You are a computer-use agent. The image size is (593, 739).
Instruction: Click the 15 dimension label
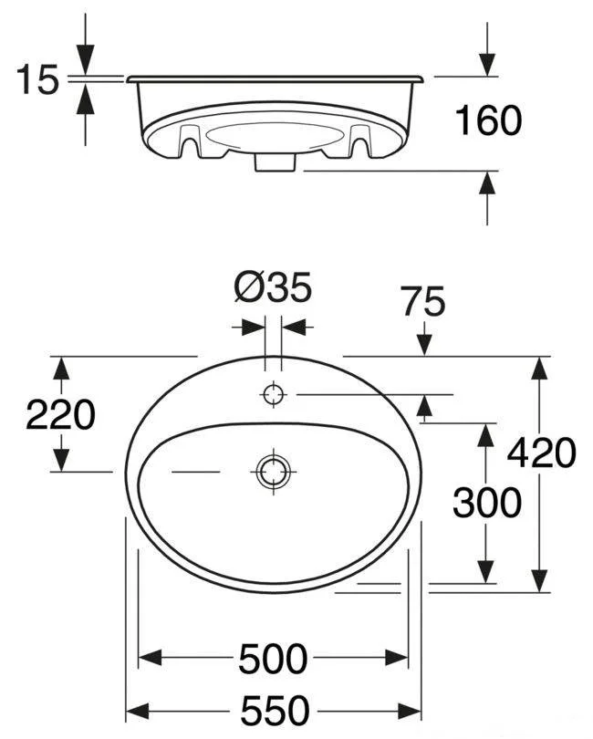[37, 79]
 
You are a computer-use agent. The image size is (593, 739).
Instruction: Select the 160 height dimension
[488, 120]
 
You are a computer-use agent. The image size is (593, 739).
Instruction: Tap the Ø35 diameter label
[273, 287]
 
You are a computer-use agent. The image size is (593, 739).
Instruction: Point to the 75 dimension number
[423, 301]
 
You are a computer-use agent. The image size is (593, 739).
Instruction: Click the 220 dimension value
[60, 415]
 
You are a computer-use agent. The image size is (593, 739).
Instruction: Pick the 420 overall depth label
[541, 453]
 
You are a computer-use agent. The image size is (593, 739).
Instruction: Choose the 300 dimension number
[487, 503]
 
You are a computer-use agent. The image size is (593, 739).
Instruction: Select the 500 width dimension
[273, 659]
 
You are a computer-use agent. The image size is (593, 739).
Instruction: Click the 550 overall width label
[275, 711]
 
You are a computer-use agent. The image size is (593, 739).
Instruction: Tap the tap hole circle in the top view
[274, 394]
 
